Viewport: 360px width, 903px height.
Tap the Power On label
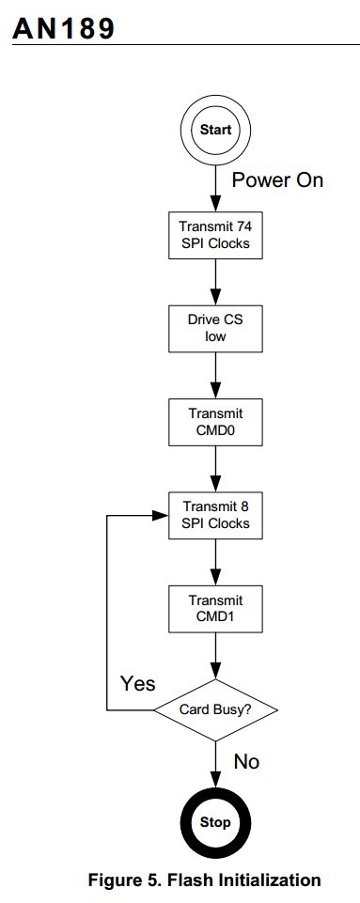[277, 180]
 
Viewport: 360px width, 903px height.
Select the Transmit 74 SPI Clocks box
[216, 234]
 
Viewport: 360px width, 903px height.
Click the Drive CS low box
[216, 328]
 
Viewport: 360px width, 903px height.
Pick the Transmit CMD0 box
[216, 422]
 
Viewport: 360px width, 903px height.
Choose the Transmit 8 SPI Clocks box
[216, 516]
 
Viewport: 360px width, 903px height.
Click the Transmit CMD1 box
[216, 609]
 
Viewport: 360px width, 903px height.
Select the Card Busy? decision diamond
[216, 710]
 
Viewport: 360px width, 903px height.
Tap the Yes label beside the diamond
[137, 683]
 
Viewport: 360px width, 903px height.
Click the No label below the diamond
[246, 762]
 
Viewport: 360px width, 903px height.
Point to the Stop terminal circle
[216, 821]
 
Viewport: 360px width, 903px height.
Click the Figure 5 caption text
[204, 880]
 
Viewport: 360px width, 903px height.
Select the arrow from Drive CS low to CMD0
[216, 375]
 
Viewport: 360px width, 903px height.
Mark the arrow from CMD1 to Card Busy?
[216, 657]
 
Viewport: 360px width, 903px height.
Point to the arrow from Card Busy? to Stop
[216, 763]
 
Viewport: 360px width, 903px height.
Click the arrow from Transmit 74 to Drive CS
[216, 281]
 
